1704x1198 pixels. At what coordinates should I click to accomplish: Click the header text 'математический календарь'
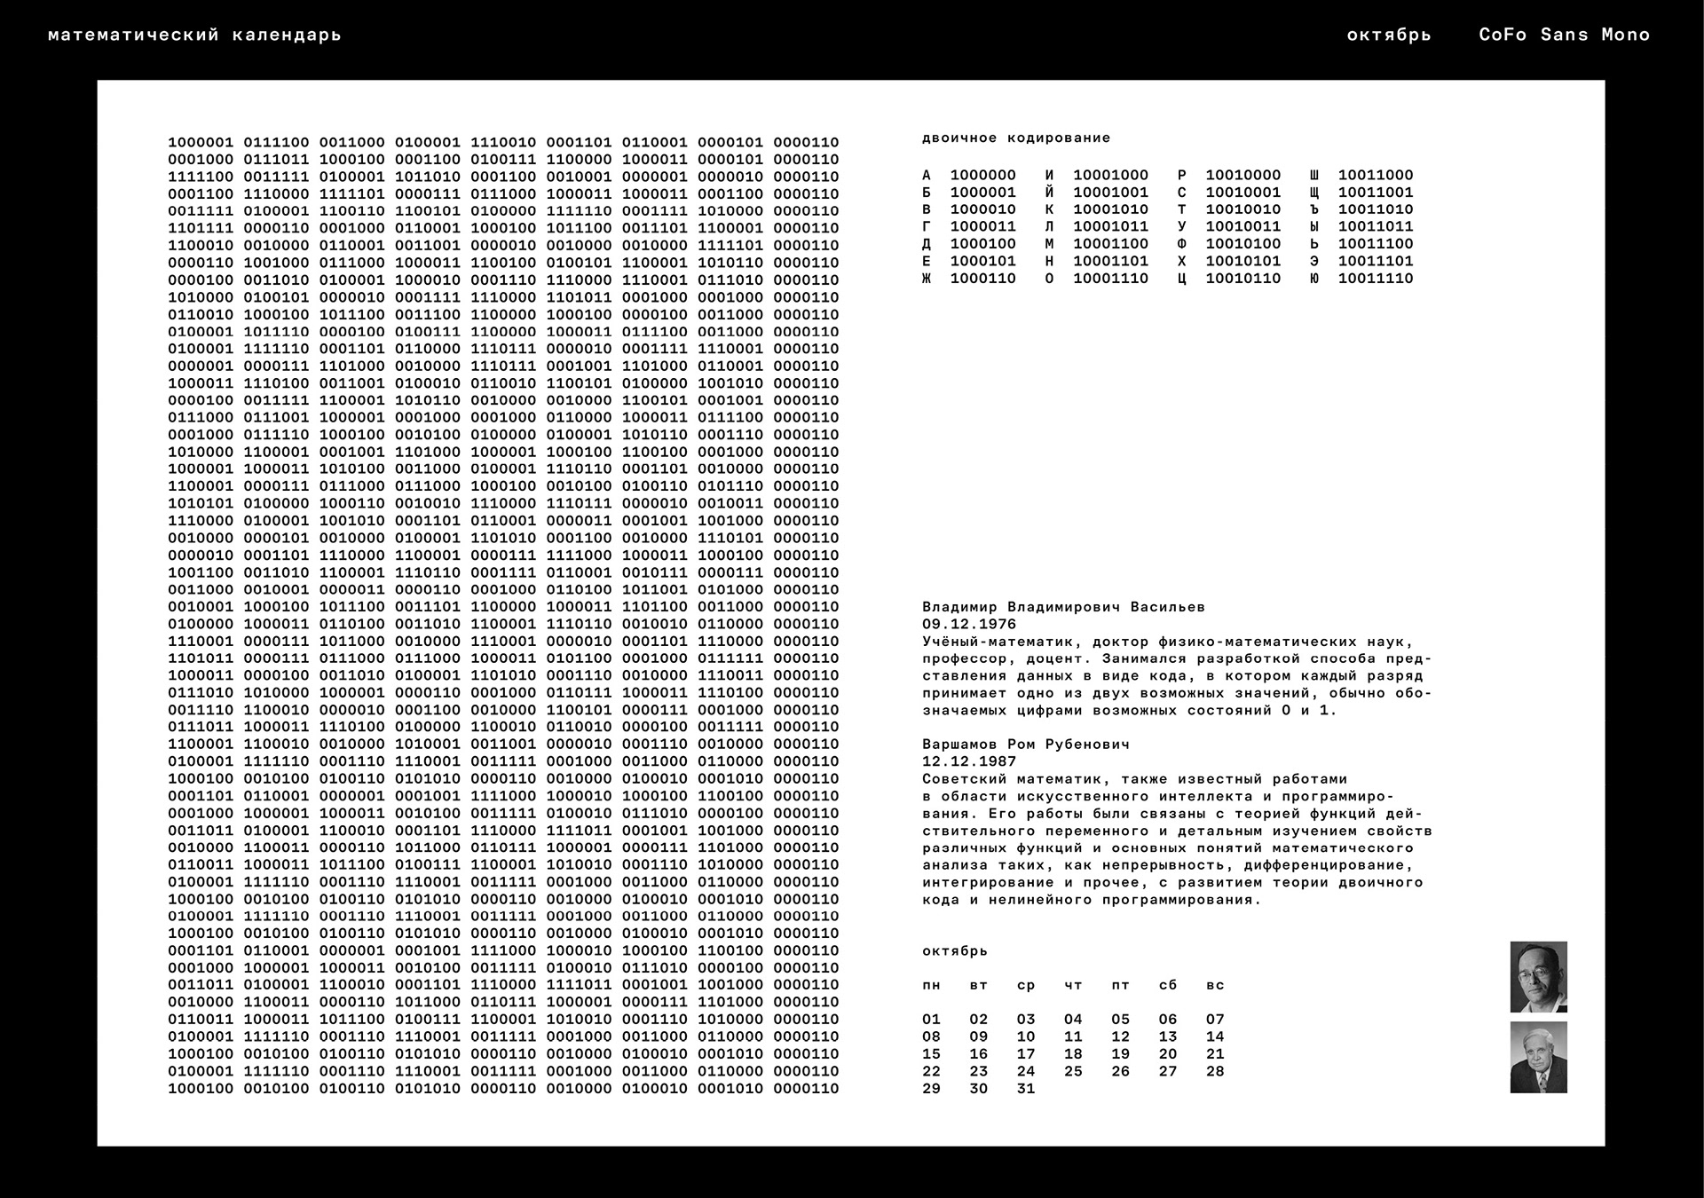194,35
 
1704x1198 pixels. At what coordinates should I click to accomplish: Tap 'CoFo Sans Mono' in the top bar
1564,35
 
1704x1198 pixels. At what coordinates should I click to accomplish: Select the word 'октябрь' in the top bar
1389,35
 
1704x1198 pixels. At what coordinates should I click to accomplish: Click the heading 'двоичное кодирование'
1016,138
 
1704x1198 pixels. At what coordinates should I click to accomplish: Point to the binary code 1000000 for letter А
982,176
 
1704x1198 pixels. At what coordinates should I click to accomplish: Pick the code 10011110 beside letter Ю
1376,279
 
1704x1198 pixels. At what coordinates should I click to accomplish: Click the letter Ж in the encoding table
927,279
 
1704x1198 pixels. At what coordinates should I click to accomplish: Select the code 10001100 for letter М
1110,244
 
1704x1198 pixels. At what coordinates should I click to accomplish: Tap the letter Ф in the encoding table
1182,244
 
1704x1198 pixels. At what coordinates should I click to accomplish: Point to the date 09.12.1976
969,625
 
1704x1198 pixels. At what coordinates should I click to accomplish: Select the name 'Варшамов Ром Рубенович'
1025,745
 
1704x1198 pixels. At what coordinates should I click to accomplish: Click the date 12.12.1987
969,761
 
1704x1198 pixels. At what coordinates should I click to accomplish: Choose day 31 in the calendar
1026,1089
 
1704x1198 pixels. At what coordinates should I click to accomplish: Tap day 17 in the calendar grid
1026,1054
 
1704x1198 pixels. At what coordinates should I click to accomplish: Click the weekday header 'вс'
1215,985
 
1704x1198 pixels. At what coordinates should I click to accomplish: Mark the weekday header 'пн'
931,985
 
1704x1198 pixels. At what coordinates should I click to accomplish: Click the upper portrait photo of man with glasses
1538,977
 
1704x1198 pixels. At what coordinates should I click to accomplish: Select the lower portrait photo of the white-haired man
1538,1057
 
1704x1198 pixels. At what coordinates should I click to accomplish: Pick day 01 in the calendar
931,1020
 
